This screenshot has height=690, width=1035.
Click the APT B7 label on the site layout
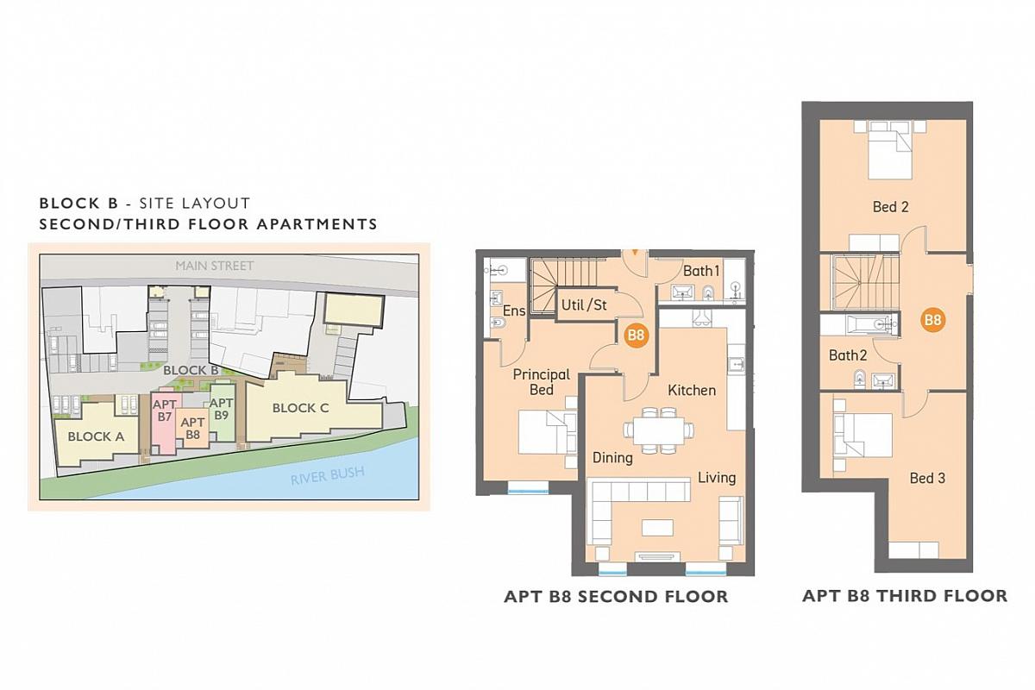point(165,411)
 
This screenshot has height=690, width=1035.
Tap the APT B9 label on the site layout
point(222,409)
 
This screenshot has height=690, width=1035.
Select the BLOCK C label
point(300,408)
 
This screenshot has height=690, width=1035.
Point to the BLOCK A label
point(96,436)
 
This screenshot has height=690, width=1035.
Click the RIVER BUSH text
point(328,475)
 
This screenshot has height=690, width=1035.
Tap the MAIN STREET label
point(215,266)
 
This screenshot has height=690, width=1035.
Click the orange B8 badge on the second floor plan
point(637,335)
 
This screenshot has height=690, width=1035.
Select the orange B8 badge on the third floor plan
point(932,320)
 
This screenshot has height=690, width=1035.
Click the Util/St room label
point(584,305)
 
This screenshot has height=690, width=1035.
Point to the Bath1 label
point(701,271)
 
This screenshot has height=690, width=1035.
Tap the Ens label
point(514,311)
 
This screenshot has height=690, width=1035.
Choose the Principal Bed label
point(542,382)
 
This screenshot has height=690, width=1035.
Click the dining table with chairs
point(658,430)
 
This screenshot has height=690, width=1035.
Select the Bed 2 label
point(890,207)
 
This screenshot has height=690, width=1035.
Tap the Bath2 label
point(847,355)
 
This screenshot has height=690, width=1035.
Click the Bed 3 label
point(927,478)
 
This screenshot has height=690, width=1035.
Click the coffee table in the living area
point(657,528)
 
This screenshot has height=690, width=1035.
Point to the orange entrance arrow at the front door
point(636,253)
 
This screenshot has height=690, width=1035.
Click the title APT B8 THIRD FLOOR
point(905,596)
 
